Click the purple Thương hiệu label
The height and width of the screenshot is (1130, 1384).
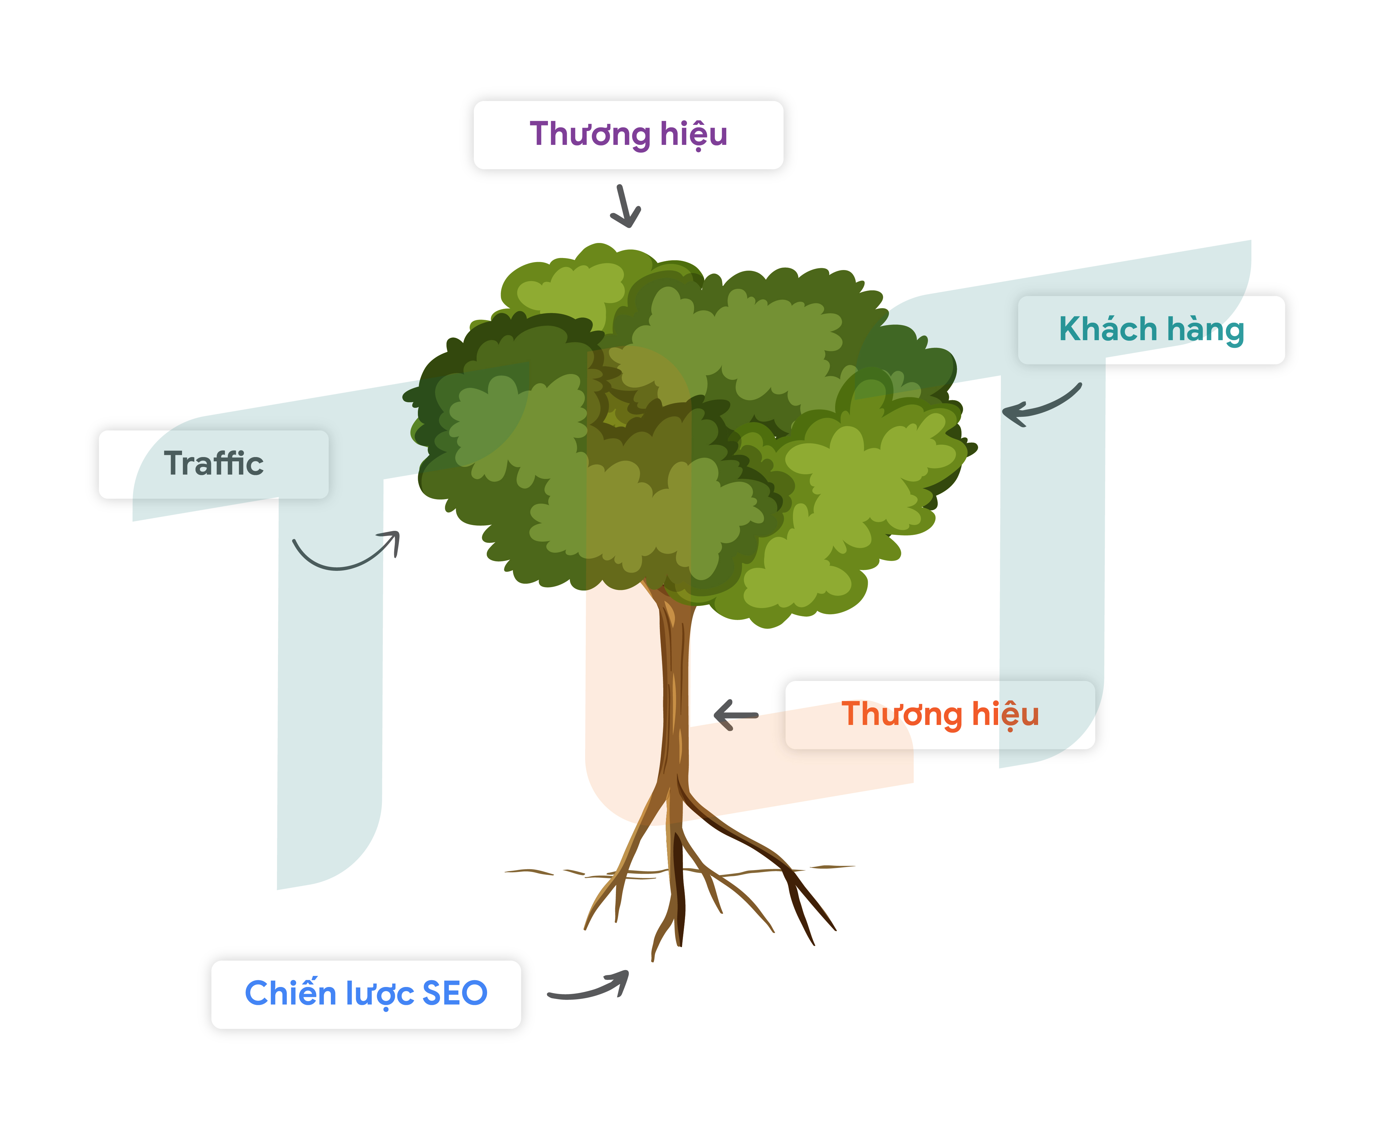(x=628, y=135)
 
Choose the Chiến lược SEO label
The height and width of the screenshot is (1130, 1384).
(x=366, y=994)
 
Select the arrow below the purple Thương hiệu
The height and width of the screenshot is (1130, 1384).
(x=626, y=207)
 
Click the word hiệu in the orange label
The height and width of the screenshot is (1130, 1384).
(x=1005, y=715)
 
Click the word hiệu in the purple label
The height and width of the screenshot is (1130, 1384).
(x=694, y=135)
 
